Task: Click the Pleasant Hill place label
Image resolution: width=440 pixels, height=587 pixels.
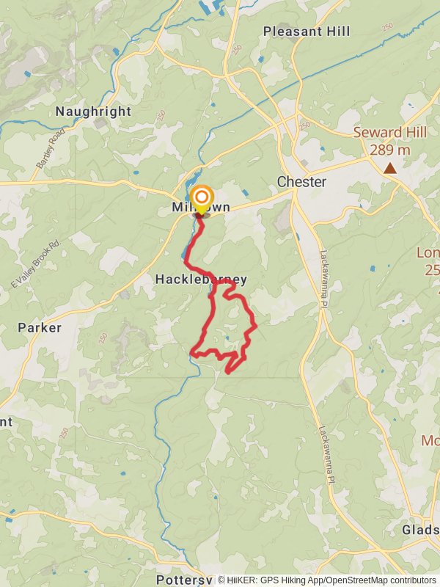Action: (306, 32)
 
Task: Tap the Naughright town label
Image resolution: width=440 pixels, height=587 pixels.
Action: (94, 112)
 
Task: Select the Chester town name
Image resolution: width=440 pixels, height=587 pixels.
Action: (301, 181)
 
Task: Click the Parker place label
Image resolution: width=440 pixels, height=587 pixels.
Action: (40, 327)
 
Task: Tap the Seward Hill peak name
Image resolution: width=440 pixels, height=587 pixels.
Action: (389, 133)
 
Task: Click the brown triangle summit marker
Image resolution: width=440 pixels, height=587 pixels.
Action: (390, 168)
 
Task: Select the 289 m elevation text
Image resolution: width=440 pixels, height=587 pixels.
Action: (389, 150)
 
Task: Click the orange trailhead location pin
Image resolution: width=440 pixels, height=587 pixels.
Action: (201, 199)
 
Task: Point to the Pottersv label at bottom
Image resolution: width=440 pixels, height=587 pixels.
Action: (184, 580)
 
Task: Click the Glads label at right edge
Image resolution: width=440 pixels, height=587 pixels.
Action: (420, 530)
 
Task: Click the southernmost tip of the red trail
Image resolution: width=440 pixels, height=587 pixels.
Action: (227, 372)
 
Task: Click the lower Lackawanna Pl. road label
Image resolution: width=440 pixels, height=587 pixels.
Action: (324, 455)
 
